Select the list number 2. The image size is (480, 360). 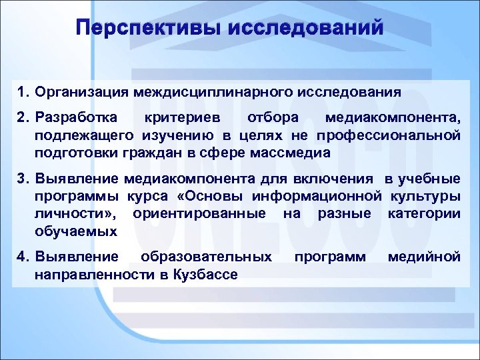(x=23, y=118)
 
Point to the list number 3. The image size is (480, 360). (x=23, y=179)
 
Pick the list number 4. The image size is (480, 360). (x=23, y=256)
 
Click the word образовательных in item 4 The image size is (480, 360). (x=206, y=256)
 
